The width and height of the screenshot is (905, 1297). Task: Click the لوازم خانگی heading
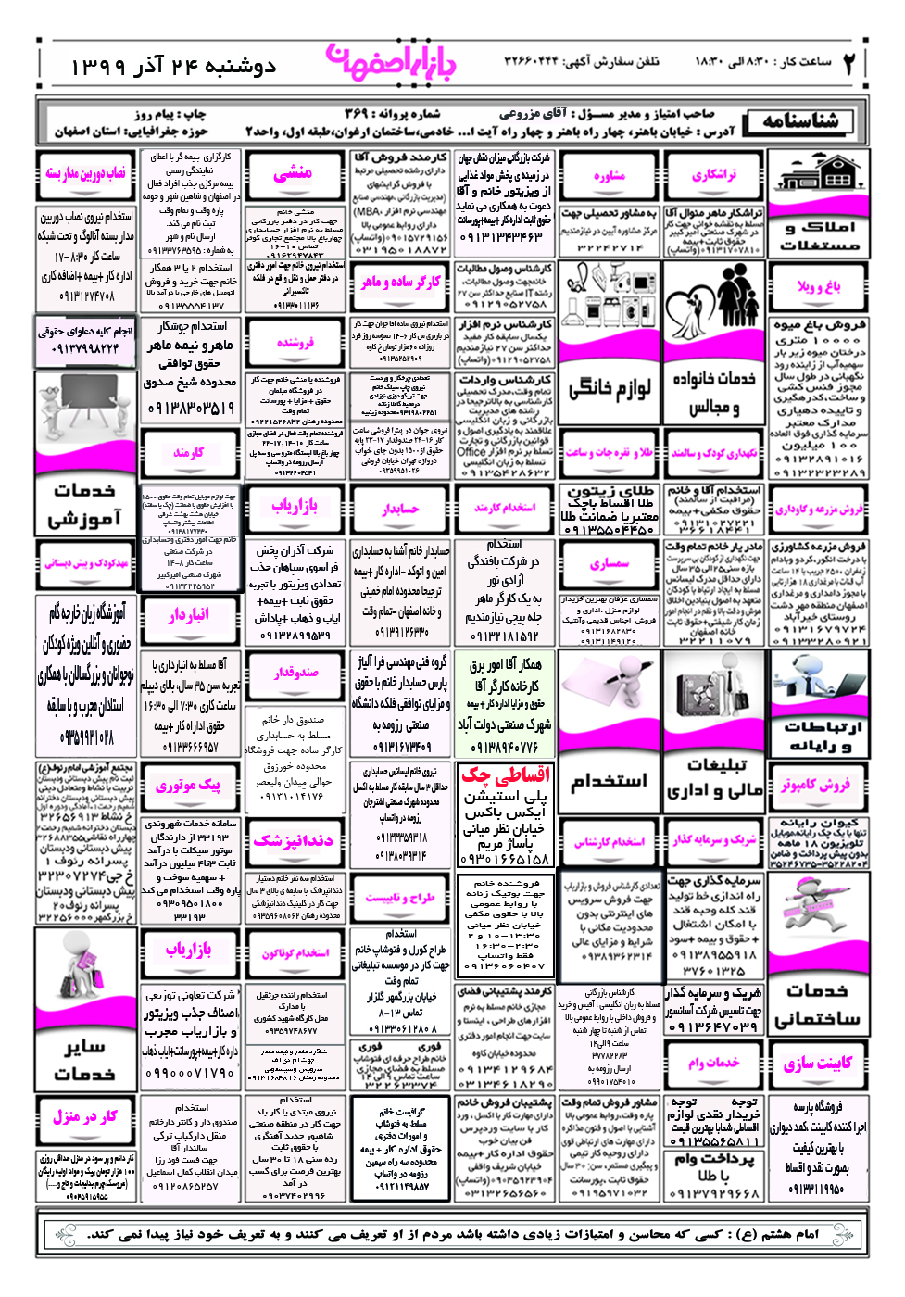click(x=609, y=388)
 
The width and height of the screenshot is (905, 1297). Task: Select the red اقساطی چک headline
click(x=506, y=774)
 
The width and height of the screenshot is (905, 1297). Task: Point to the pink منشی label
click(x=294, y=173)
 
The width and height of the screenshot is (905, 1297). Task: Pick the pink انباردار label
click(x=189, y=615)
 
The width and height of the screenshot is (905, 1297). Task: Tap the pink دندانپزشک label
click(x=293, y=841)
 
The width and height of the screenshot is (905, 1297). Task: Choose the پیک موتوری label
click(x=188, y=786)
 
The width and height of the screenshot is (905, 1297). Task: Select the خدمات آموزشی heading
click(x=84, y=505)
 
